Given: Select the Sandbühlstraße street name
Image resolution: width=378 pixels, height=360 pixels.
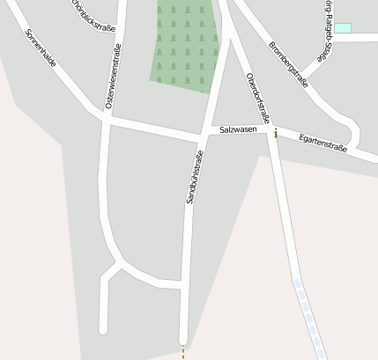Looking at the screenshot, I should [195, 178].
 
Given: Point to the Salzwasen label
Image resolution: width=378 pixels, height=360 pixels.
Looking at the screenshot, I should [238, 130].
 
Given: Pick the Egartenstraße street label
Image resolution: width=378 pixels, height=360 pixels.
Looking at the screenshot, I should [323, 143].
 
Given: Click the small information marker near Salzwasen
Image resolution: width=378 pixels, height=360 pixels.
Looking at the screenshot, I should [276, 134].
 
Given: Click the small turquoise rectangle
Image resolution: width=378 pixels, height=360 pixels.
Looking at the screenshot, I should [343, 29].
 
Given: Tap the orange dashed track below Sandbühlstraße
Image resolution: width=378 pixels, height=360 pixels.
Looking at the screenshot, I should [183, 352].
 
